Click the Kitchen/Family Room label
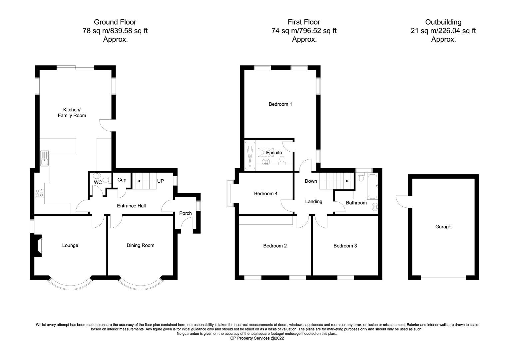coord(72,113)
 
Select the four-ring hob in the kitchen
coord(39,193)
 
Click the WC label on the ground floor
coord(98,183)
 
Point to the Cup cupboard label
coord(122,180)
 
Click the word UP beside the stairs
coord(161,181)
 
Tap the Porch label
coord(186,213)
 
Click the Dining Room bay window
coord(141,284)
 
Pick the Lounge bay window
coord(70,284)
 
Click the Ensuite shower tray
coord(250,156)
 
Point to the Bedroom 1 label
coord(280,104)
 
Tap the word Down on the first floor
coord(311,181)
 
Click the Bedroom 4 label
coord(265,193)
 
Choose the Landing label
coord(313,201)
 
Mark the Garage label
coord(443,227)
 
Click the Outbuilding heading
coord(443,22)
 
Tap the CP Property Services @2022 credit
coord(257,338)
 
